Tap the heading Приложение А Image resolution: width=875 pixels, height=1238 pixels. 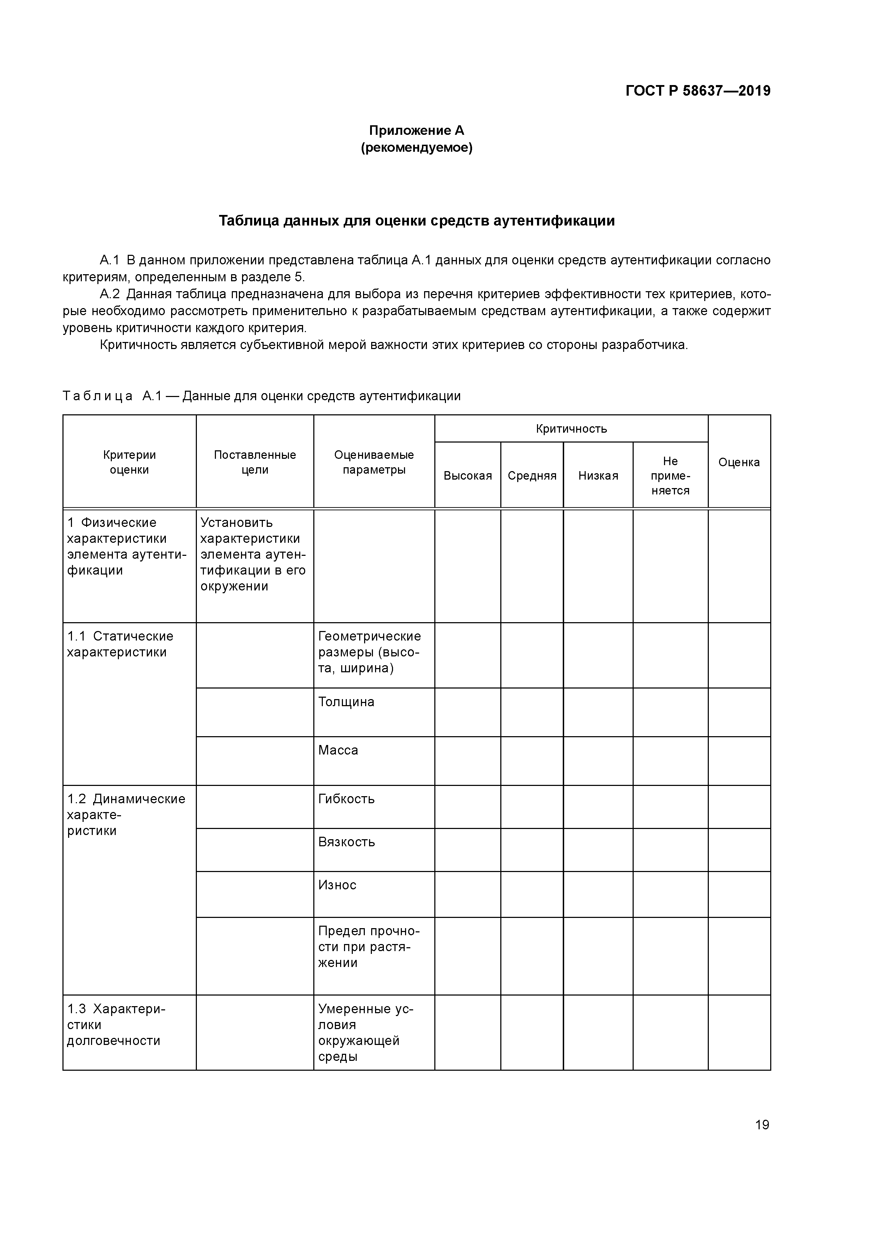[416, 131]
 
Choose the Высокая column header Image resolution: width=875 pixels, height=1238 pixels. [467, 476]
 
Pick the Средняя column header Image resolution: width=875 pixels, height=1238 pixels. [532, 476]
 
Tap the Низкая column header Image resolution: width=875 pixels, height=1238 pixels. [598, 476]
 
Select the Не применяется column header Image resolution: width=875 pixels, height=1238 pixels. [670, 476]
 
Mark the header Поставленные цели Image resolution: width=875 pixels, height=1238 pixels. [255, 462]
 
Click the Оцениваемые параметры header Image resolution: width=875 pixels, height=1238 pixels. [374, 462]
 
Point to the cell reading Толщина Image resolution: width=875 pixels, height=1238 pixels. [346, 702]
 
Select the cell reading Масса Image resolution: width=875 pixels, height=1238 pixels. [338, 751]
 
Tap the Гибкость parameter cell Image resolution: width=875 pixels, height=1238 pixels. [346, 799]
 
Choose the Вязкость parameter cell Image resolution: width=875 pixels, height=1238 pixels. [346, 842]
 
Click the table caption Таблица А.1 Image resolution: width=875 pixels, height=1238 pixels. [261, 396]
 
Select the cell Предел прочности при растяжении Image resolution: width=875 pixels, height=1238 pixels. [369, 947]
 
